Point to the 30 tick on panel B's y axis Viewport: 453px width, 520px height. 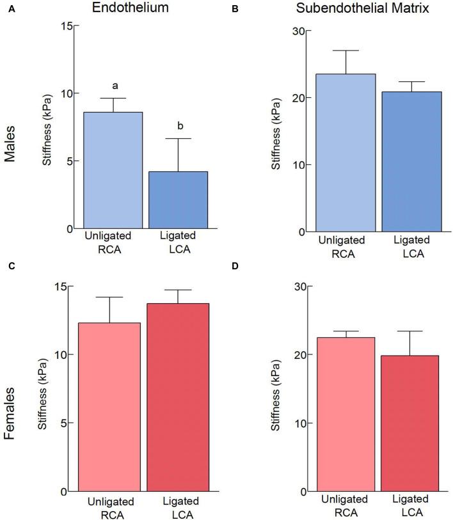click(296, 31)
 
